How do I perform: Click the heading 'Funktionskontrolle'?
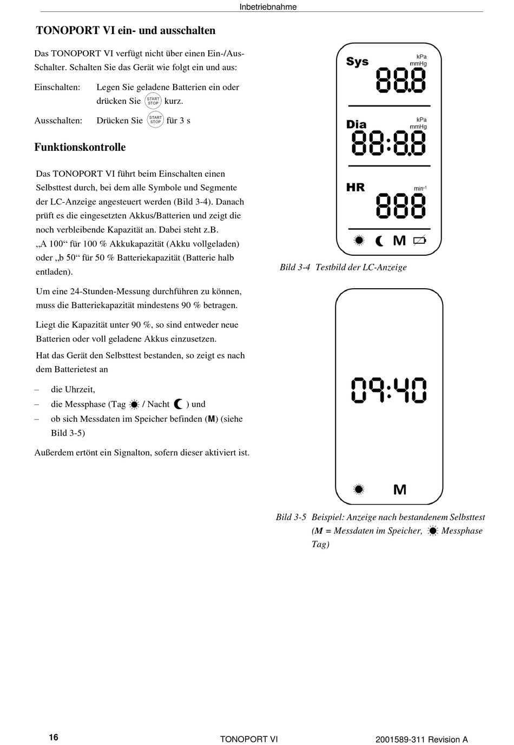pos(80,147)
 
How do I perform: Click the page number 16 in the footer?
pos(54,737)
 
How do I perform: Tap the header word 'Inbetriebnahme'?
pos(268,7)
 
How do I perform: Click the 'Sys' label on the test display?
pos(357,62)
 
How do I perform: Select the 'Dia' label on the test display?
pos(357,124)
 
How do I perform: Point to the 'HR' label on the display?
pos(355,188)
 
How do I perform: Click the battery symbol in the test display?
pos(420,241)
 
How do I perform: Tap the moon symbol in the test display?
pos(380,241)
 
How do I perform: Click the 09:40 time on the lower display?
pos(389,390)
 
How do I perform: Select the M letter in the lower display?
pos(400,490)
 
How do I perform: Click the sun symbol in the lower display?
pos(358,489)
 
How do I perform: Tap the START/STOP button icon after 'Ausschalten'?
pos(155,120)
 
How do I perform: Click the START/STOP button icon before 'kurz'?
pos(153,101)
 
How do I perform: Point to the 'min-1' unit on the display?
pos(420,188)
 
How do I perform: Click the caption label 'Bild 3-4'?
pos(295,267)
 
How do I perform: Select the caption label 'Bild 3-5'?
pos(291,517)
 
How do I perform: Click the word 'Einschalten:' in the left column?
pos(57,87)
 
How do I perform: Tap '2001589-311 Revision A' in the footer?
pos(421,740)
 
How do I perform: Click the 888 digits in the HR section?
pos(401,205)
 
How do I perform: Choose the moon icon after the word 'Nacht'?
pos(179,404)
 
